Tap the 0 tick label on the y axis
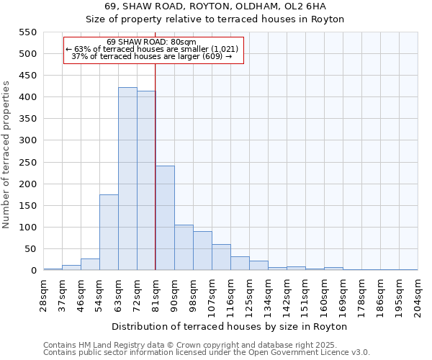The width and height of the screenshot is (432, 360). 32,271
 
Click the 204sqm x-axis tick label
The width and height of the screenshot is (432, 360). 418,294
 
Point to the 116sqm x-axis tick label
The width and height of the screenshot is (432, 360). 231,294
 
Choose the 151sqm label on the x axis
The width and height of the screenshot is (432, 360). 306,294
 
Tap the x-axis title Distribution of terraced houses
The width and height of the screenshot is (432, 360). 230,326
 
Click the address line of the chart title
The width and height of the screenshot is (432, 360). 215,6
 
